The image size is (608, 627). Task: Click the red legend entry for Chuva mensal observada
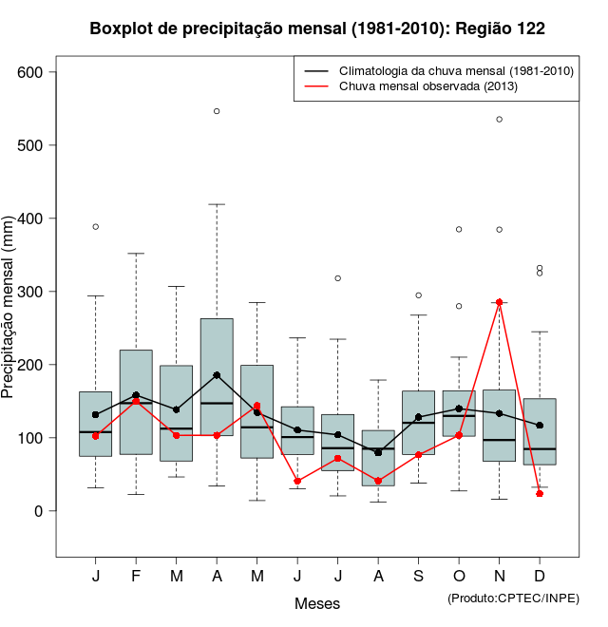427,86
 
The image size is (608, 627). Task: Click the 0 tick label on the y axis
42,511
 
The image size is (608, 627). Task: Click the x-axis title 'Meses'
317,603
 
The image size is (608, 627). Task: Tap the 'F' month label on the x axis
136,577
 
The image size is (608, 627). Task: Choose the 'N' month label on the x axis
500,577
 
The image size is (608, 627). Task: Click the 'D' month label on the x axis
540,577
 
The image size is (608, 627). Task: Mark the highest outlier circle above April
217,111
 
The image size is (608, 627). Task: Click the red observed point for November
500,302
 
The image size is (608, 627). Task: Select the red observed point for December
540,494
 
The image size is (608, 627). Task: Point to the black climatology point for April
217,375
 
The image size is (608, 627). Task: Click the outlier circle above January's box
96,227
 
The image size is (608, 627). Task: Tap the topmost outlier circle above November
500,119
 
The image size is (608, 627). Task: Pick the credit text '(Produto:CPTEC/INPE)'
513,598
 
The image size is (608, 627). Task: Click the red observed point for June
297,482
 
